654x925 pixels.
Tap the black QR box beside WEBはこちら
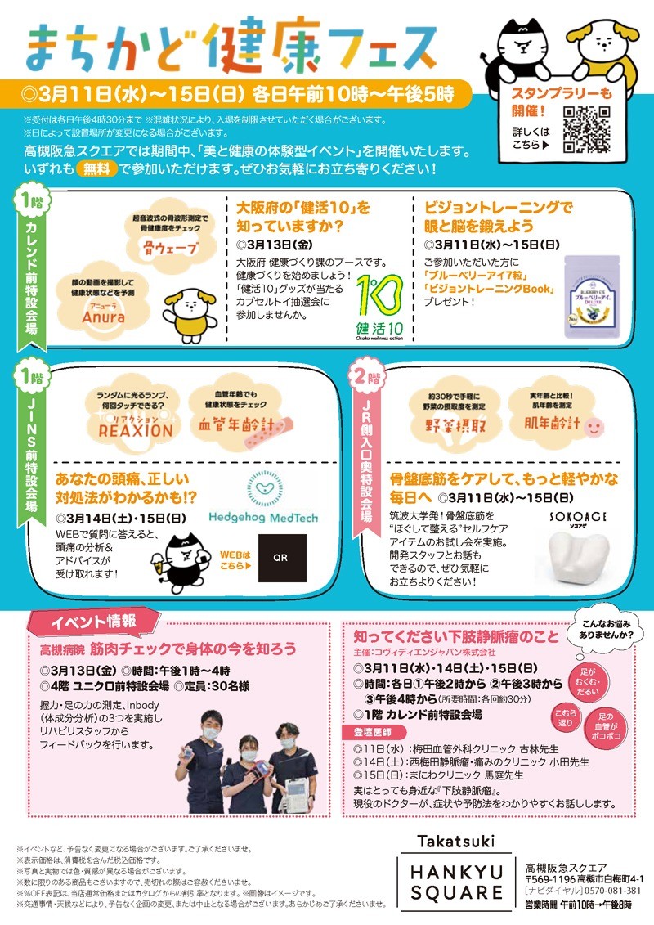(x=282, y=558)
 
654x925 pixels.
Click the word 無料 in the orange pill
(x=97, y=169)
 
